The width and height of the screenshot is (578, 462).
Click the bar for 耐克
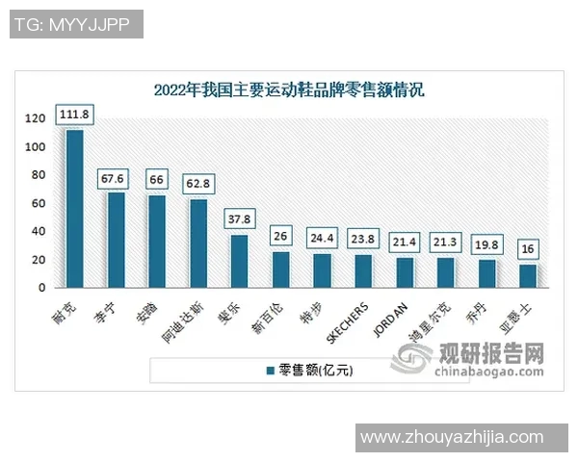74,208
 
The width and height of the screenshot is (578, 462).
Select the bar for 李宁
116,240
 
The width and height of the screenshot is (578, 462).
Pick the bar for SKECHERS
363,270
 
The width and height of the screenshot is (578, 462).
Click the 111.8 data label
74,115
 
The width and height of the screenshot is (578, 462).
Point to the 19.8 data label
486,245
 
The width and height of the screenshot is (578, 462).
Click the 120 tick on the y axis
36,118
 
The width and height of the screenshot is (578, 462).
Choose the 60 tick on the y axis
39,203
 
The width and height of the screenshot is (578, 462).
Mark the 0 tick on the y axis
42,288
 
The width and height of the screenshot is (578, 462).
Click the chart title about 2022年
289,91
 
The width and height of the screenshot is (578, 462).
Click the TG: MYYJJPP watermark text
76,24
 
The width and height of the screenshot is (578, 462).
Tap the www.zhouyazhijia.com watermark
465,438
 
